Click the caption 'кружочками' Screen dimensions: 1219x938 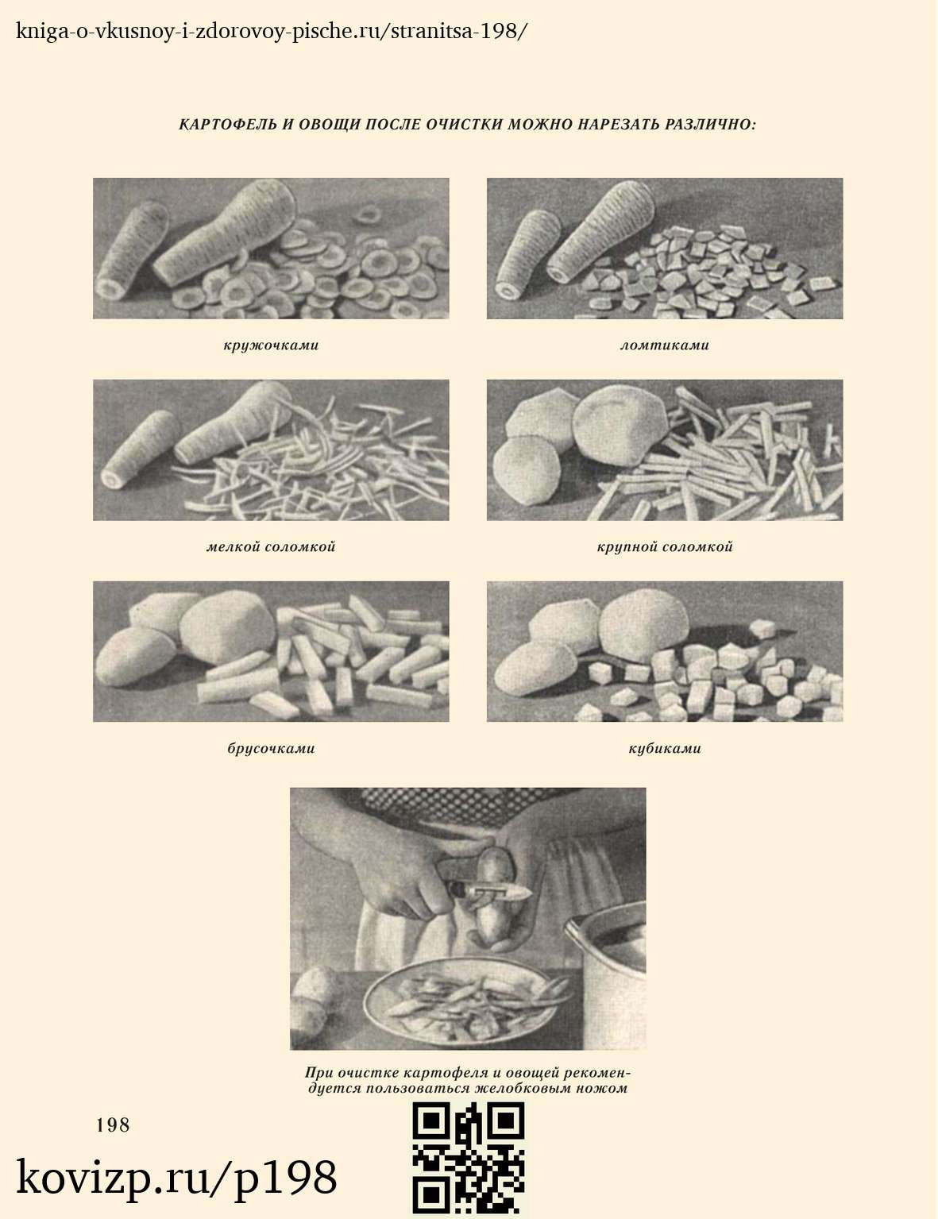[271, 345]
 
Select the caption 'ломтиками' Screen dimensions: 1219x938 [664, 345]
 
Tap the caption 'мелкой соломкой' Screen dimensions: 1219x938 [271, 547]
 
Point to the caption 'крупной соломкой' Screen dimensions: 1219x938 [664, 547]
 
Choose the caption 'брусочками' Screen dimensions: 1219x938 [271, 749]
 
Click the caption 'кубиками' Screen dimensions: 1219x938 [664, 749]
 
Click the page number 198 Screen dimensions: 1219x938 [113, 1125]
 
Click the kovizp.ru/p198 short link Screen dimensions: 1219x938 [176, 1178]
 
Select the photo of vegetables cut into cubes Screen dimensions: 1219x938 [664, 651]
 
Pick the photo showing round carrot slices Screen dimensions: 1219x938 [271, 248]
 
